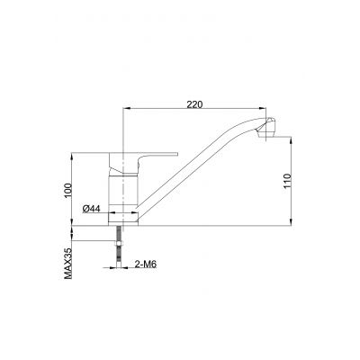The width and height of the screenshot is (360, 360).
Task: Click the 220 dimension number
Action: pyautogui.click(x=193, y=103)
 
